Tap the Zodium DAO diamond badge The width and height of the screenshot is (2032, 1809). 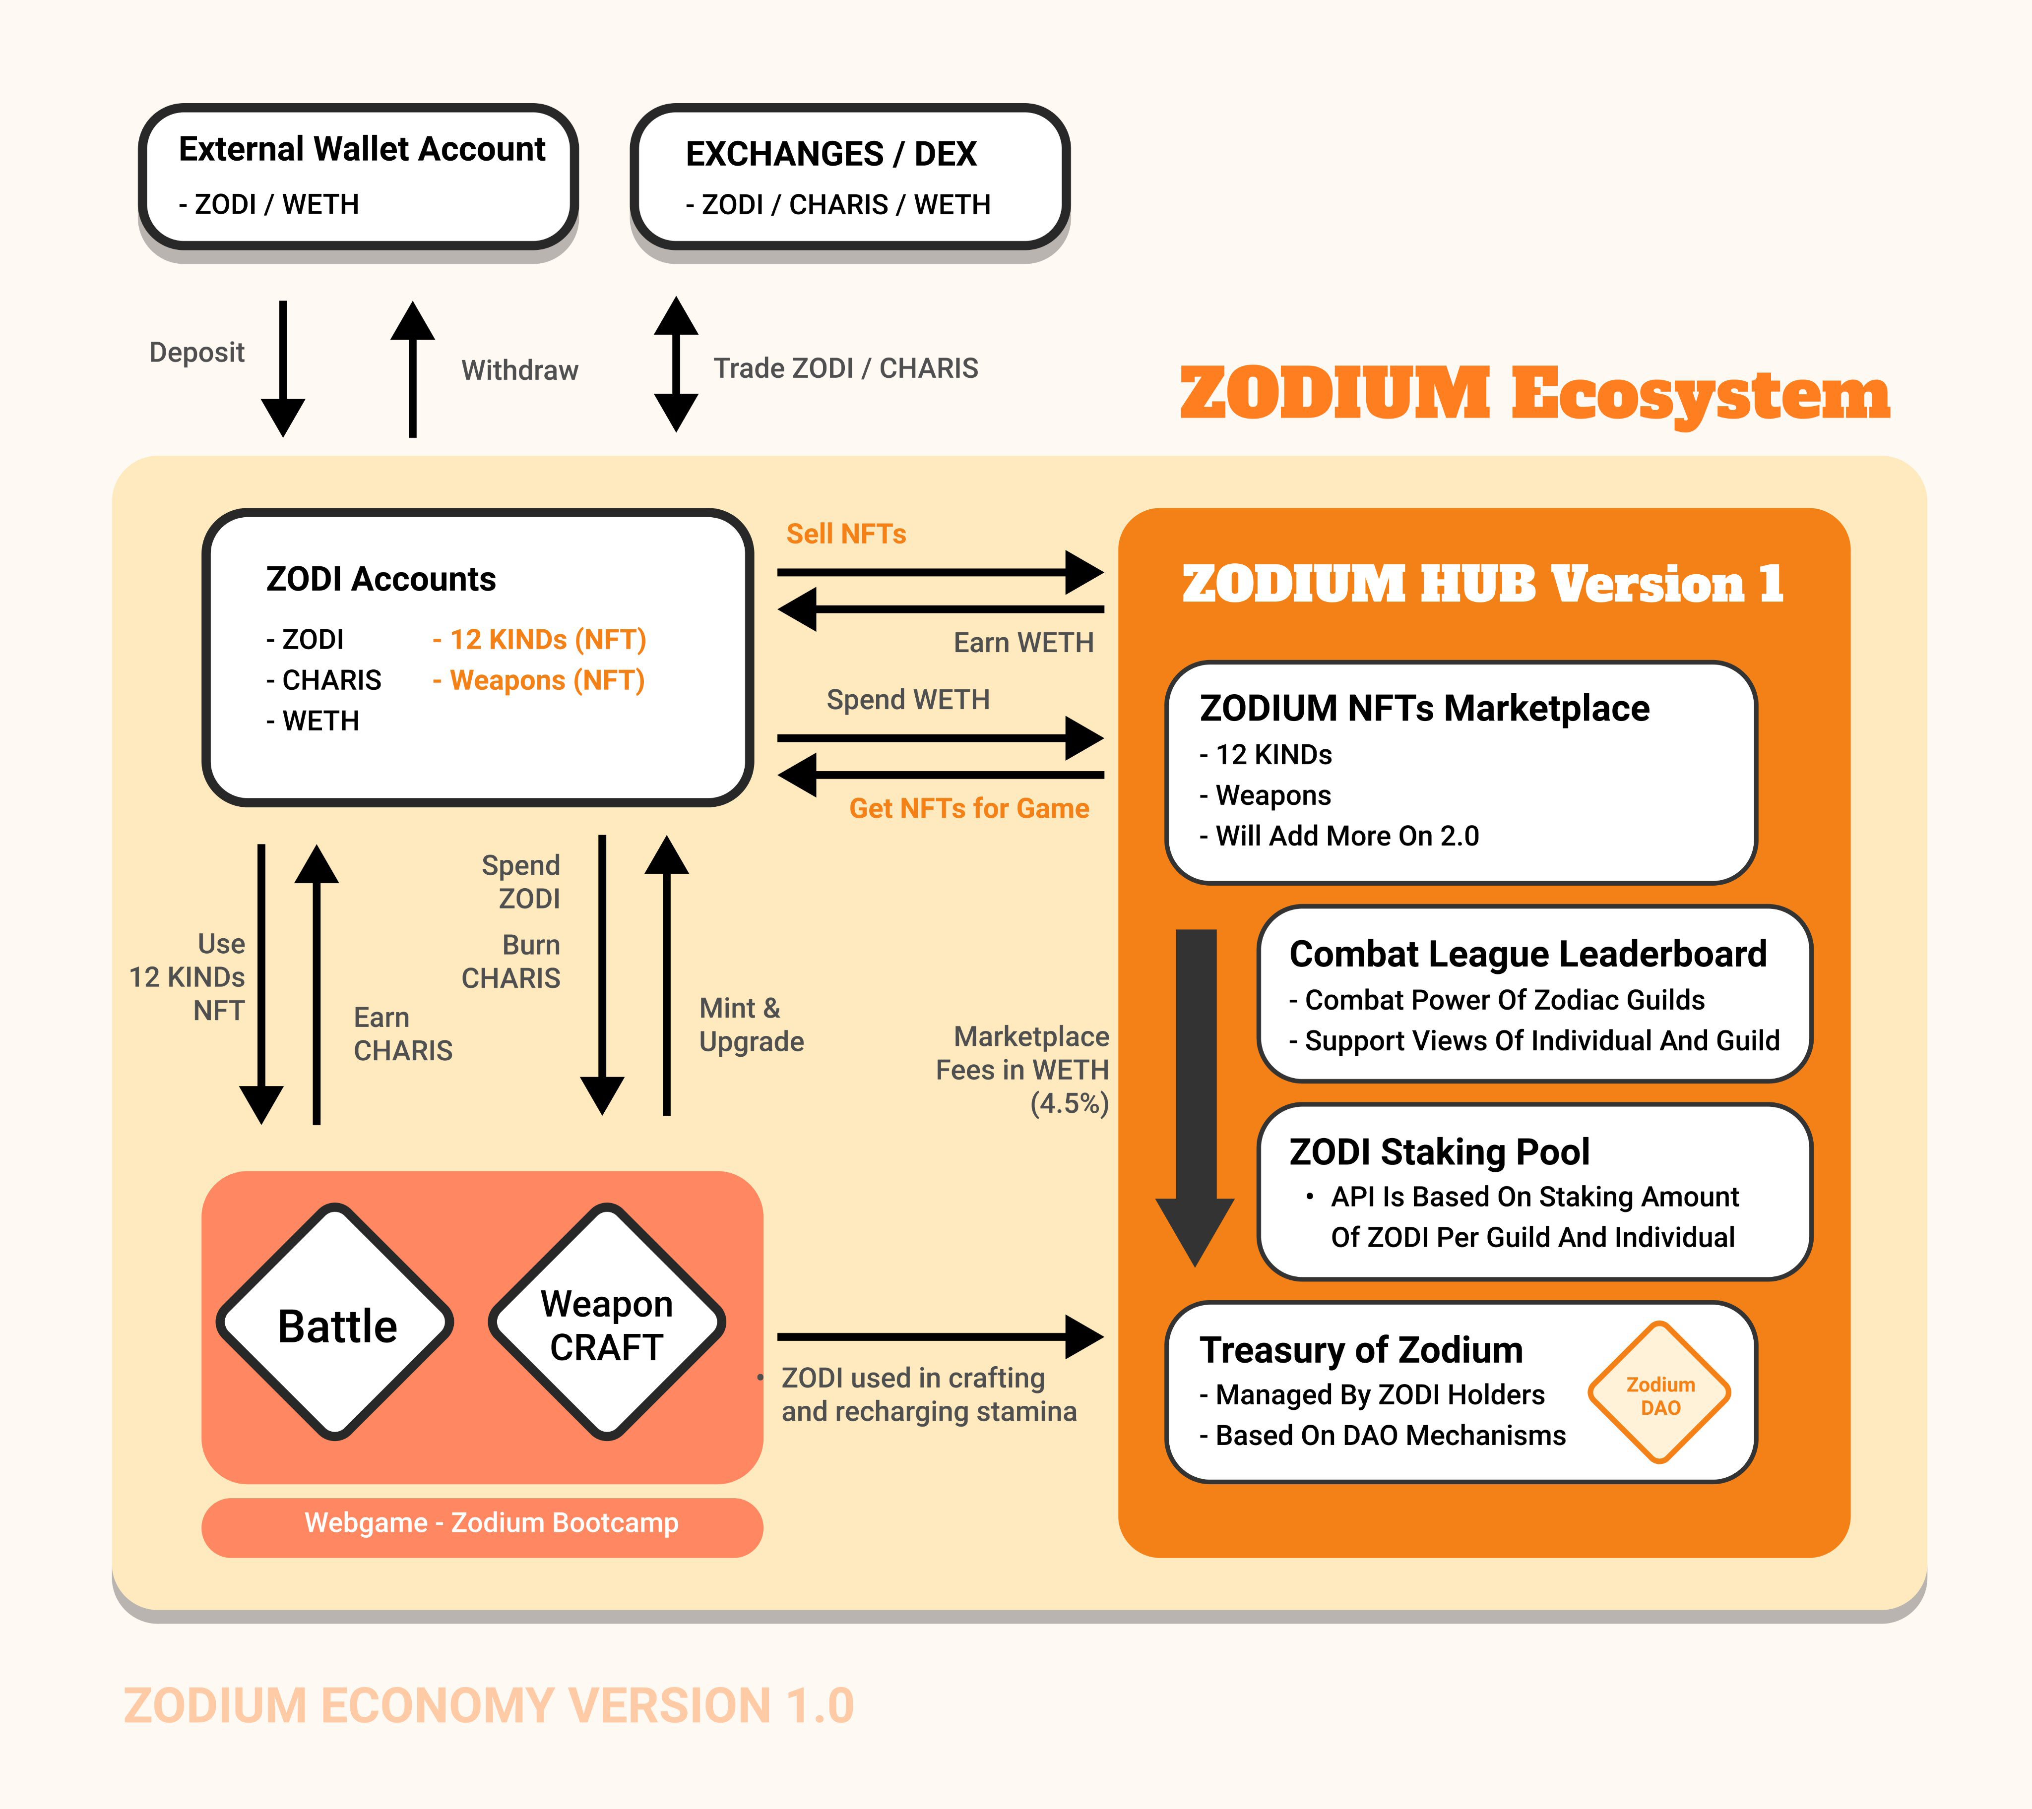1659,1393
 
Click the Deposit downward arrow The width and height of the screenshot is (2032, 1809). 283,368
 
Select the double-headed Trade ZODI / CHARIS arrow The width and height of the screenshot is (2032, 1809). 676,364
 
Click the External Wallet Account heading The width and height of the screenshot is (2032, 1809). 362,149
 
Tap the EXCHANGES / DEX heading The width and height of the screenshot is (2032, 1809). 831,154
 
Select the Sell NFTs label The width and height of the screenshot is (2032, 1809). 846,534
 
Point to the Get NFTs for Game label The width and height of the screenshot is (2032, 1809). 968,808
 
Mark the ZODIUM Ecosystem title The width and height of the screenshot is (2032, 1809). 1534,394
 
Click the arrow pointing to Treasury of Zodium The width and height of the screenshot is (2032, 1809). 940,1337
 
